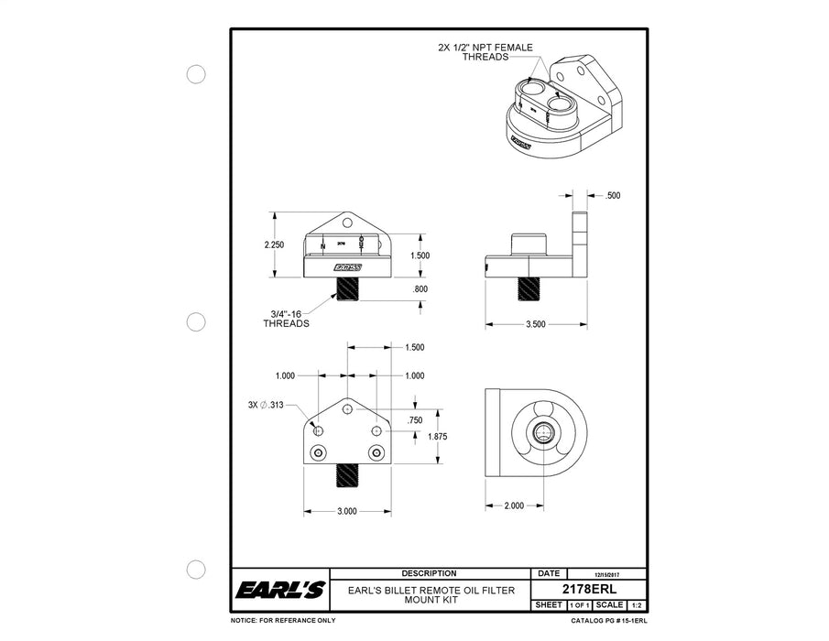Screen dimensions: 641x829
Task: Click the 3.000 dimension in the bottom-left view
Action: point(346,511)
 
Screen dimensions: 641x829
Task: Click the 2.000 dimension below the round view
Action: point(514,505)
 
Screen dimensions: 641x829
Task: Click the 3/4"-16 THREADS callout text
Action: point(287,318)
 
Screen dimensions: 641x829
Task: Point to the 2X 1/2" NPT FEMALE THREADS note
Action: point(485,51)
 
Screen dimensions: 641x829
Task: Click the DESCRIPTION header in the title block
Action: point(429,573)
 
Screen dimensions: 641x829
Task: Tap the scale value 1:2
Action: point(636,605)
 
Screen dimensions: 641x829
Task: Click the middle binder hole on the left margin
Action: point(196,321)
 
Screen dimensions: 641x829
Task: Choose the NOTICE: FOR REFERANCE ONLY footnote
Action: point(283,621)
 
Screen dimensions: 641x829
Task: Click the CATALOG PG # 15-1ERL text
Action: point(608,621)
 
